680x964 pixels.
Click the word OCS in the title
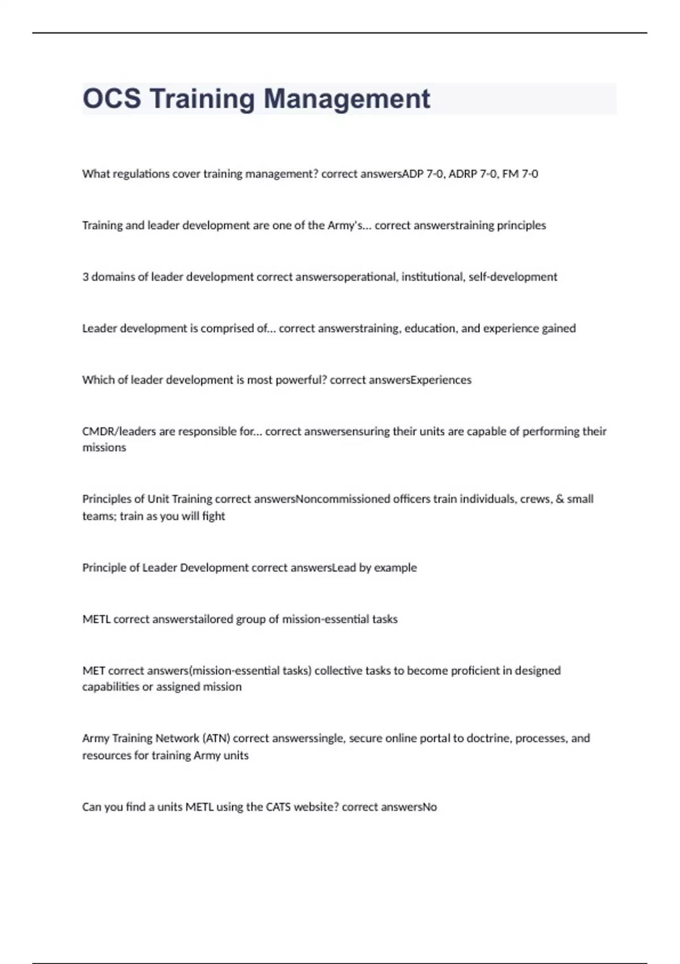coord(112,99)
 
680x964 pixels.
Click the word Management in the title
coord(347,99)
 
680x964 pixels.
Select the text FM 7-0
coord(520,174)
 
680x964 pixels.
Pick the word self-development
coord(513,277)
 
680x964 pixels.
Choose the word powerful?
coord(301,380)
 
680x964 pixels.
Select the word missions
coord(104,448)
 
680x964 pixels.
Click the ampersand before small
coord(560,499)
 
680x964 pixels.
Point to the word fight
coord(214,517)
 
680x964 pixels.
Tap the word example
coord(396,568)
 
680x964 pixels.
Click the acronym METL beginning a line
coord(96,619)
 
